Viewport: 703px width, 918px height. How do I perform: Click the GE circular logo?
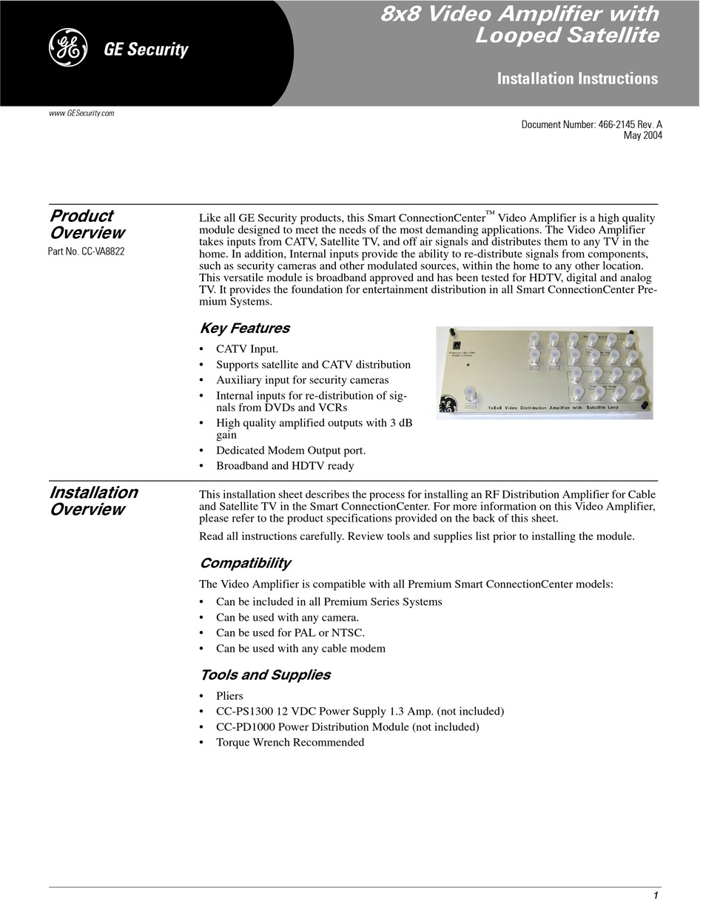tap(68, 49)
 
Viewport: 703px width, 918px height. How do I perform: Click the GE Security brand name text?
tap(146, 50)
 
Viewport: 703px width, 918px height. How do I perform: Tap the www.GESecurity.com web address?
tap(81, 113)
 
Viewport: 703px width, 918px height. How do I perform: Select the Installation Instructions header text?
tap(577, 78)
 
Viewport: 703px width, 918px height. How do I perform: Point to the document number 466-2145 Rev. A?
tap(591, 125)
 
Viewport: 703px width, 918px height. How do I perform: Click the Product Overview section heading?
tap(87, 224)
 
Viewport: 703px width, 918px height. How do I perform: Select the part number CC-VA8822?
tap(86, 252)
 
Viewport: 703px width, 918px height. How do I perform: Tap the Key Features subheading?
tap(244, 328)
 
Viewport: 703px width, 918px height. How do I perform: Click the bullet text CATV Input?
tap(247, 348)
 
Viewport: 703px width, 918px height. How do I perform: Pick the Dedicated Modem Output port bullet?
tap(290, 450)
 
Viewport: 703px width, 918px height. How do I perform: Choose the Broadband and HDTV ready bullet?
tap(285, 466)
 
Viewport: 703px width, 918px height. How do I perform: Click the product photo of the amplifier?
tap(544, 373)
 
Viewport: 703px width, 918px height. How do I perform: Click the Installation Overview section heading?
tap(93, 501)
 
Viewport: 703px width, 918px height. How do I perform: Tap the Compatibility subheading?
tap(245, 563)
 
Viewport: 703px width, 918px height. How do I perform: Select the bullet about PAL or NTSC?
tap(290, 632)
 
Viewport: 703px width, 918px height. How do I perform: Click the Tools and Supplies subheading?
tap(265, 675)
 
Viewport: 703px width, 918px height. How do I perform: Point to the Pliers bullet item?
tap(229, 696)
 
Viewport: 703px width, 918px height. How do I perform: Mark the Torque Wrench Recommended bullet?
tap(289, 743)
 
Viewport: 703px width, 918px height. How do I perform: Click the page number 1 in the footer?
tap(656, 896)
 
